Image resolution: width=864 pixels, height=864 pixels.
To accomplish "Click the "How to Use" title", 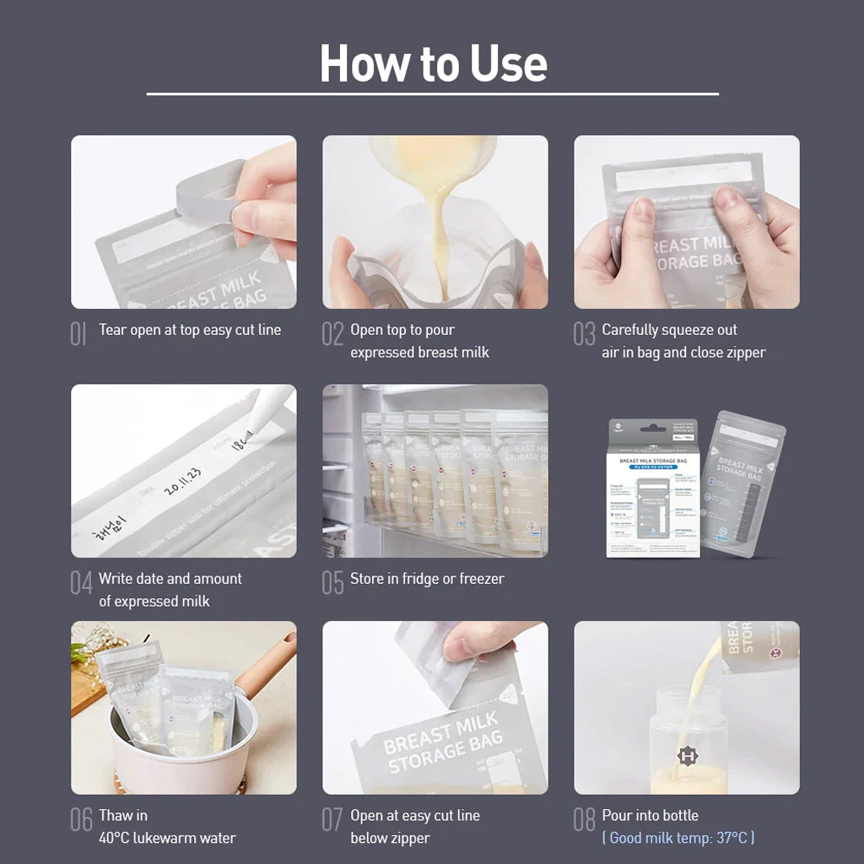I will [x=433, y=63].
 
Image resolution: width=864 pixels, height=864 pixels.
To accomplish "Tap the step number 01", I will [x=78, y=334].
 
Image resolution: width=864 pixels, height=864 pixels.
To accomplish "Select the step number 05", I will [x=332, y=583].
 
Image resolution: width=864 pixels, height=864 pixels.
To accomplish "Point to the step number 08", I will [x=584, y=819].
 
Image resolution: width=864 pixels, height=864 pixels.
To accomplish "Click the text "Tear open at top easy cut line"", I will [x=190, y=330].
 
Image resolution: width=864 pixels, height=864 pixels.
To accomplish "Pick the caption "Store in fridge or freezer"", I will [x=427, y=579].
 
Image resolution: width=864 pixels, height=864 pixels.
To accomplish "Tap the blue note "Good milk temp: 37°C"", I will [x=678, y=838].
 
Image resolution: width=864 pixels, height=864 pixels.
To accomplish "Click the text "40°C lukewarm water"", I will [x=167, y=838].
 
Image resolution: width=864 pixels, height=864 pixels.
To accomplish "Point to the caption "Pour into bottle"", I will [x=650, y=815].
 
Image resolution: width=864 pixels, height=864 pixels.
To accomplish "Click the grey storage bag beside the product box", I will [x=741, y=485].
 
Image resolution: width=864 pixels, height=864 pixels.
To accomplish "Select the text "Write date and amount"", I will [x=170, y=579].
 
